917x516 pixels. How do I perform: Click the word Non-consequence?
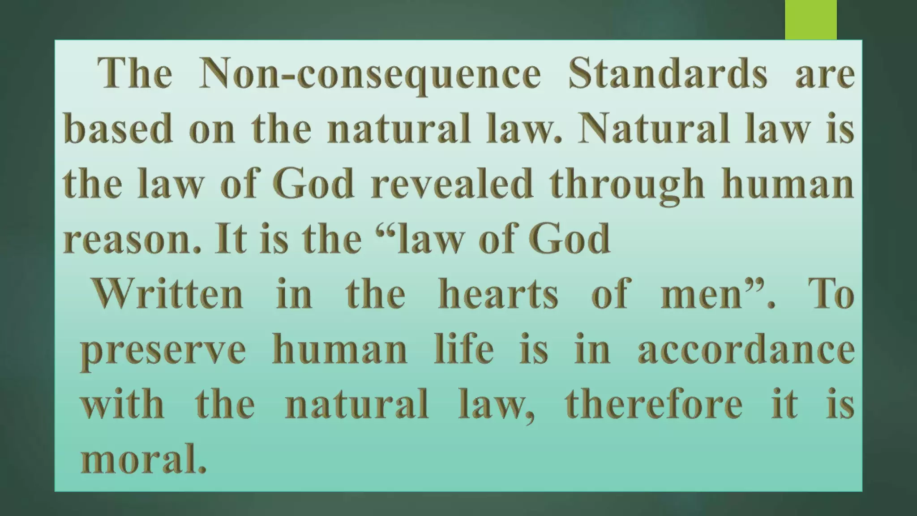[x=370, y=74]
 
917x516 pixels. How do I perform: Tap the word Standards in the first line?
[x=667, y=74]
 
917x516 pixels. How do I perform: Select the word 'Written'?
[x=167, y=294]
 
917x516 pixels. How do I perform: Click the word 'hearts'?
[x=498, y=294]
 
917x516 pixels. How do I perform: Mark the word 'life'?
[x=464, y=348]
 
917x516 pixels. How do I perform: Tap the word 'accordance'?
[x=746, y=349]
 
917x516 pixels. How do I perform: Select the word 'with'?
[x=122, y=403]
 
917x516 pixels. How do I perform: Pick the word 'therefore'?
[x=654, y=403]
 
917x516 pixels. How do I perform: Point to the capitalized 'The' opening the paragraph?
[x=134, y=74]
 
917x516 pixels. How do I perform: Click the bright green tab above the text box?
[x=810, y=20]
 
